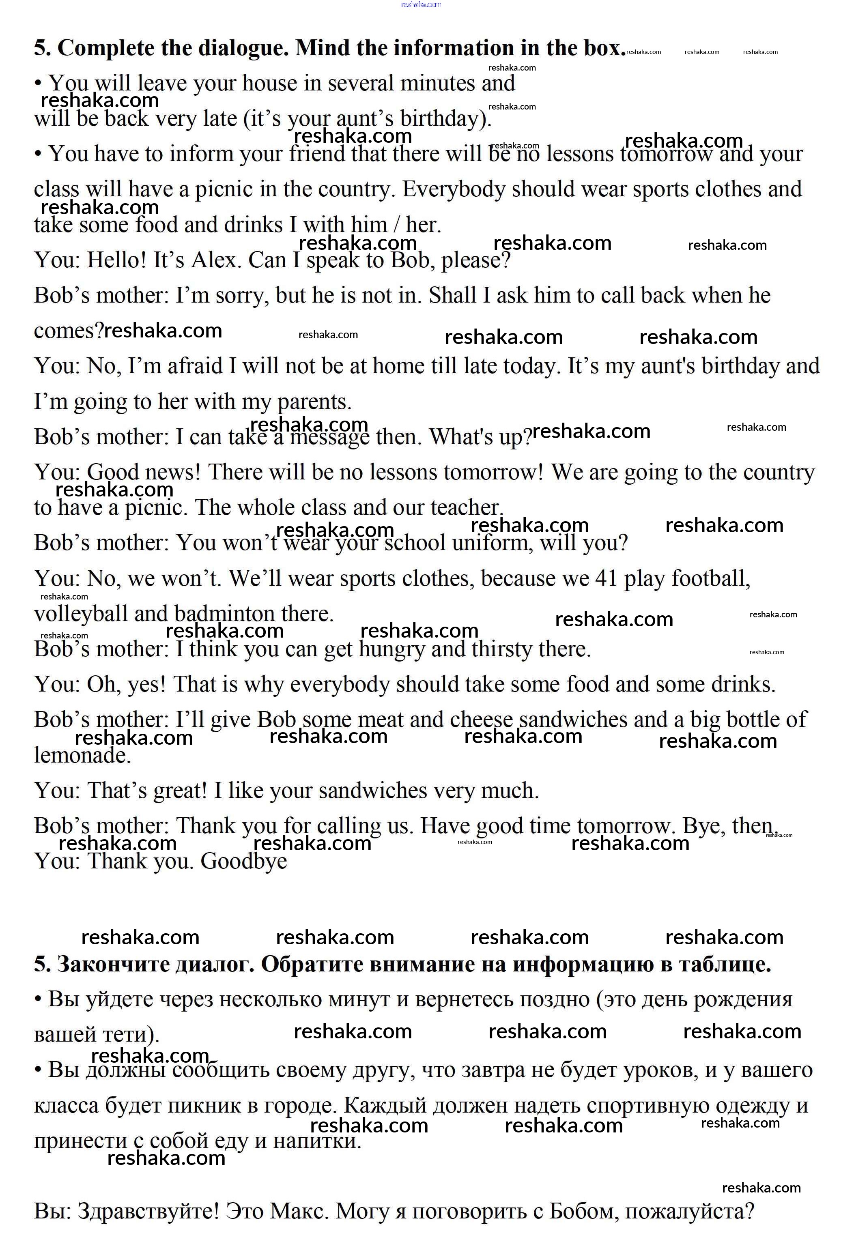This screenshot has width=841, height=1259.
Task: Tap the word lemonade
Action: click(x=82, y=756)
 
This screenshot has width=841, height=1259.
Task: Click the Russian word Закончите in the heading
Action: click(x=103, y=965)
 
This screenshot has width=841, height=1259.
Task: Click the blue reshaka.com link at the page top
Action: click(x=420, y=4)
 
